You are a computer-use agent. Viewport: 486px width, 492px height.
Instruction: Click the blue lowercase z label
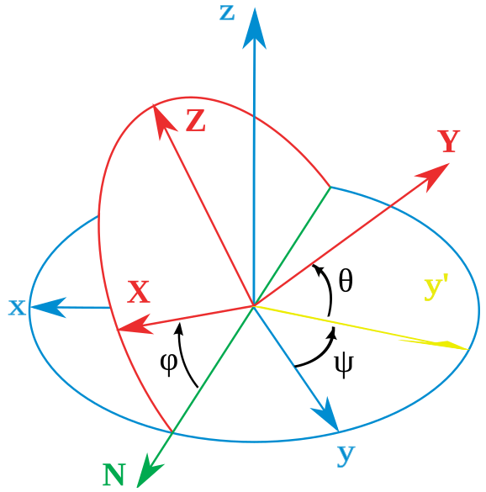click(x=227, y=13)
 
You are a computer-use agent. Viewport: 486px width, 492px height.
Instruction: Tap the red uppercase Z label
click(x=195, y=120)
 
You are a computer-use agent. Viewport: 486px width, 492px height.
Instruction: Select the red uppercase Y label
click(x=449, y=141)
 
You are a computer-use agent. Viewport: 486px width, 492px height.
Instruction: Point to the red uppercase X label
click(x=139, y=292)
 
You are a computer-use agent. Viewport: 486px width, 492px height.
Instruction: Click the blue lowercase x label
click(x=17, y=308)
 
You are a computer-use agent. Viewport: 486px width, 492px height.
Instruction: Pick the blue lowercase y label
click(x=346, y=456)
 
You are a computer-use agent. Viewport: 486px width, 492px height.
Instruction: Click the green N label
click(x=114, y=473)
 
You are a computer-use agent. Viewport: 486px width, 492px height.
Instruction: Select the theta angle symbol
click(x=346, y=281)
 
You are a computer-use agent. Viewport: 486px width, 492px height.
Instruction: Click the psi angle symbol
click(x=344, y=367)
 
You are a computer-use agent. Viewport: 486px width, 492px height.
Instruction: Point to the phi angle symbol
click(x=169, y=364)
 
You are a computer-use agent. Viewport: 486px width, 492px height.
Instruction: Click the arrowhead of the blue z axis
click(x=255, y=29)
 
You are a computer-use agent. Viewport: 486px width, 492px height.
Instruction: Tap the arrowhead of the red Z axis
click(x=162, y=121)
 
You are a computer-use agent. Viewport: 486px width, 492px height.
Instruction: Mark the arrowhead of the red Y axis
click(x=435, y=176)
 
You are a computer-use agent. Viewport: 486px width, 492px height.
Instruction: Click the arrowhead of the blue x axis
click(x=48, y=307)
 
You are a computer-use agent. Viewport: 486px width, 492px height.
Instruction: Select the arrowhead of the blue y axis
click(x=326, y=415)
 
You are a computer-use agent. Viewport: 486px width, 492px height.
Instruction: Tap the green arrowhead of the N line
click(x=148, y=473)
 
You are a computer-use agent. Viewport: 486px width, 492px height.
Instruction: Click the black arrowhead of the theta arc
click(x=318, y=270)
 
